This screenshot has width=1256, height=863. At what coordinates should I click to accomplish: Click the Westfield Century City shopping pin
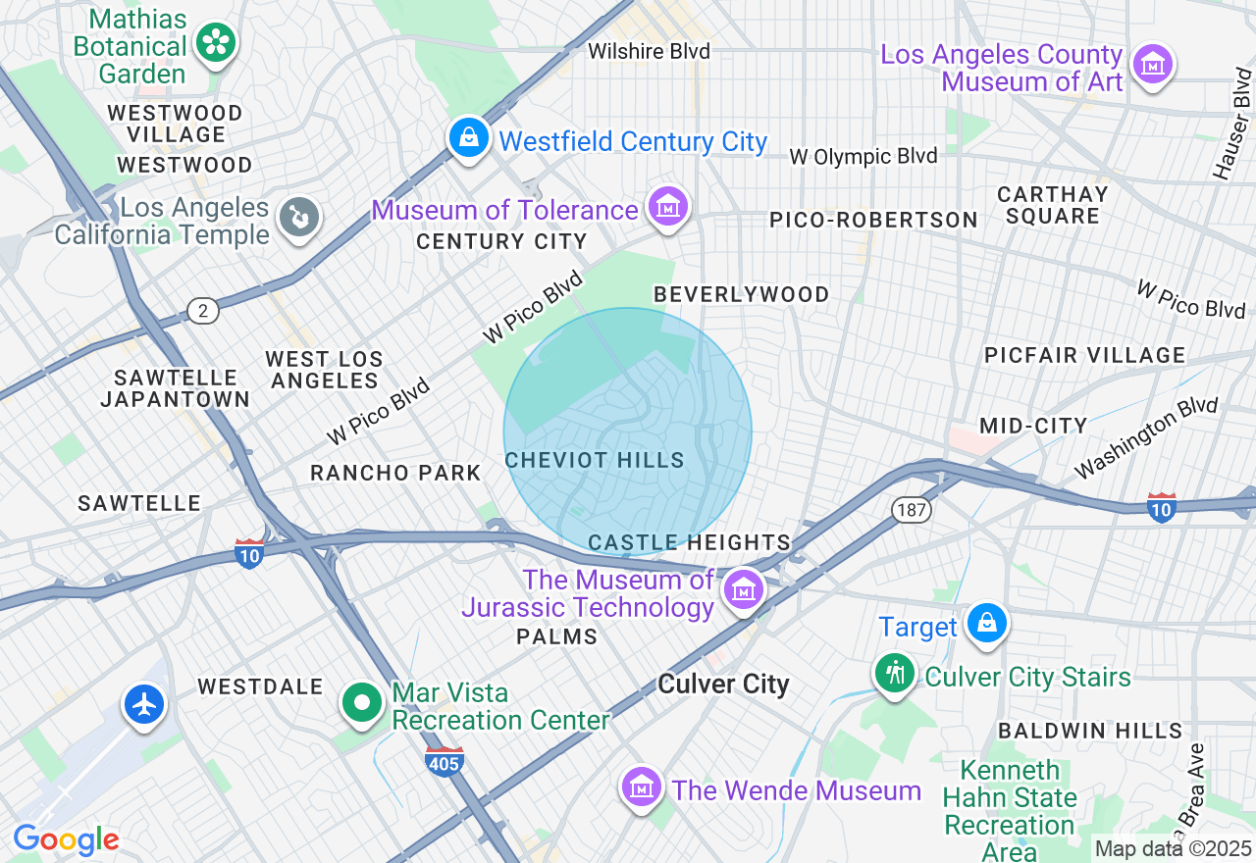[470, 137]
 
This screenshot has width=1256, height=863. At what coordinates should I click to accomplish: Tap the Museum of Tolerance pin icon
[668, 207]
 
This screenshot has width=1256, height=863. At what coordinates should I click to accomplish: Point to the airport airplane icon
[145, 704]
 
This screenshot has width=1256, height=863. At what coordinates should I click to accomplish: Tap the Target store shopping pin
[986, 623]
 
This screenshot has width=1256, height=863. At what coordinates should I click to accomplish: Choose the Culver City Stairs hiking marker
[895, 674]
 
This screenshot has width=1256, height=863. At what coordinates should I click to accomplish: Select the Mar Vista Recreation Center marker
[363, 702]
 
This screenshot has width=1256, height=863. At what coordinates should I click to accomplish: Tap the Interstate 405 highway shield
[445, 762]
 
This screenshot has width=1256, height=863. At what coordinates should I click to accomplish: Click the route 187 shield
[911, 509]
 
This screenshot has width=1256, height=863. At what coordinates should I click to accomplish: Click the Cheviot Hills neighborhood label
[594, 460]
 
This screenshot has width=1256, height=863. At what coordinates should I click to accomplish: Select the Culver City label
[723, 685]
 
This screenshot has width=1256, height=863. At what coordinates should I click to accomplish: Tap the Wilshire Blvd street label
[649, 51]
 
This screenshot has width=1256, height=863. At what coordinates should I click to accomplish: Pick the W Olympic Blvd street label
[863, 156]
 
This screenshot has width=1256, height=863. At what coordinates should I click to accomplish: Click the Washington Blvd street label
[1145, 437]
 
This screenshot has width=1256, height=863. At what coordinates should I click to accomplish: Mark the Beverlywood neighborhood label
[741, 294]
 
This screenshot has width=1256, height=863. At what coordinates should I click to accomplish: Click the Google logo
[66, 839]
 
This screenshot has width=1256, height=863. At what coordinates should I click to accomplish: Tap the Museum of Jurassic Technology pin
[744, 589]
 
